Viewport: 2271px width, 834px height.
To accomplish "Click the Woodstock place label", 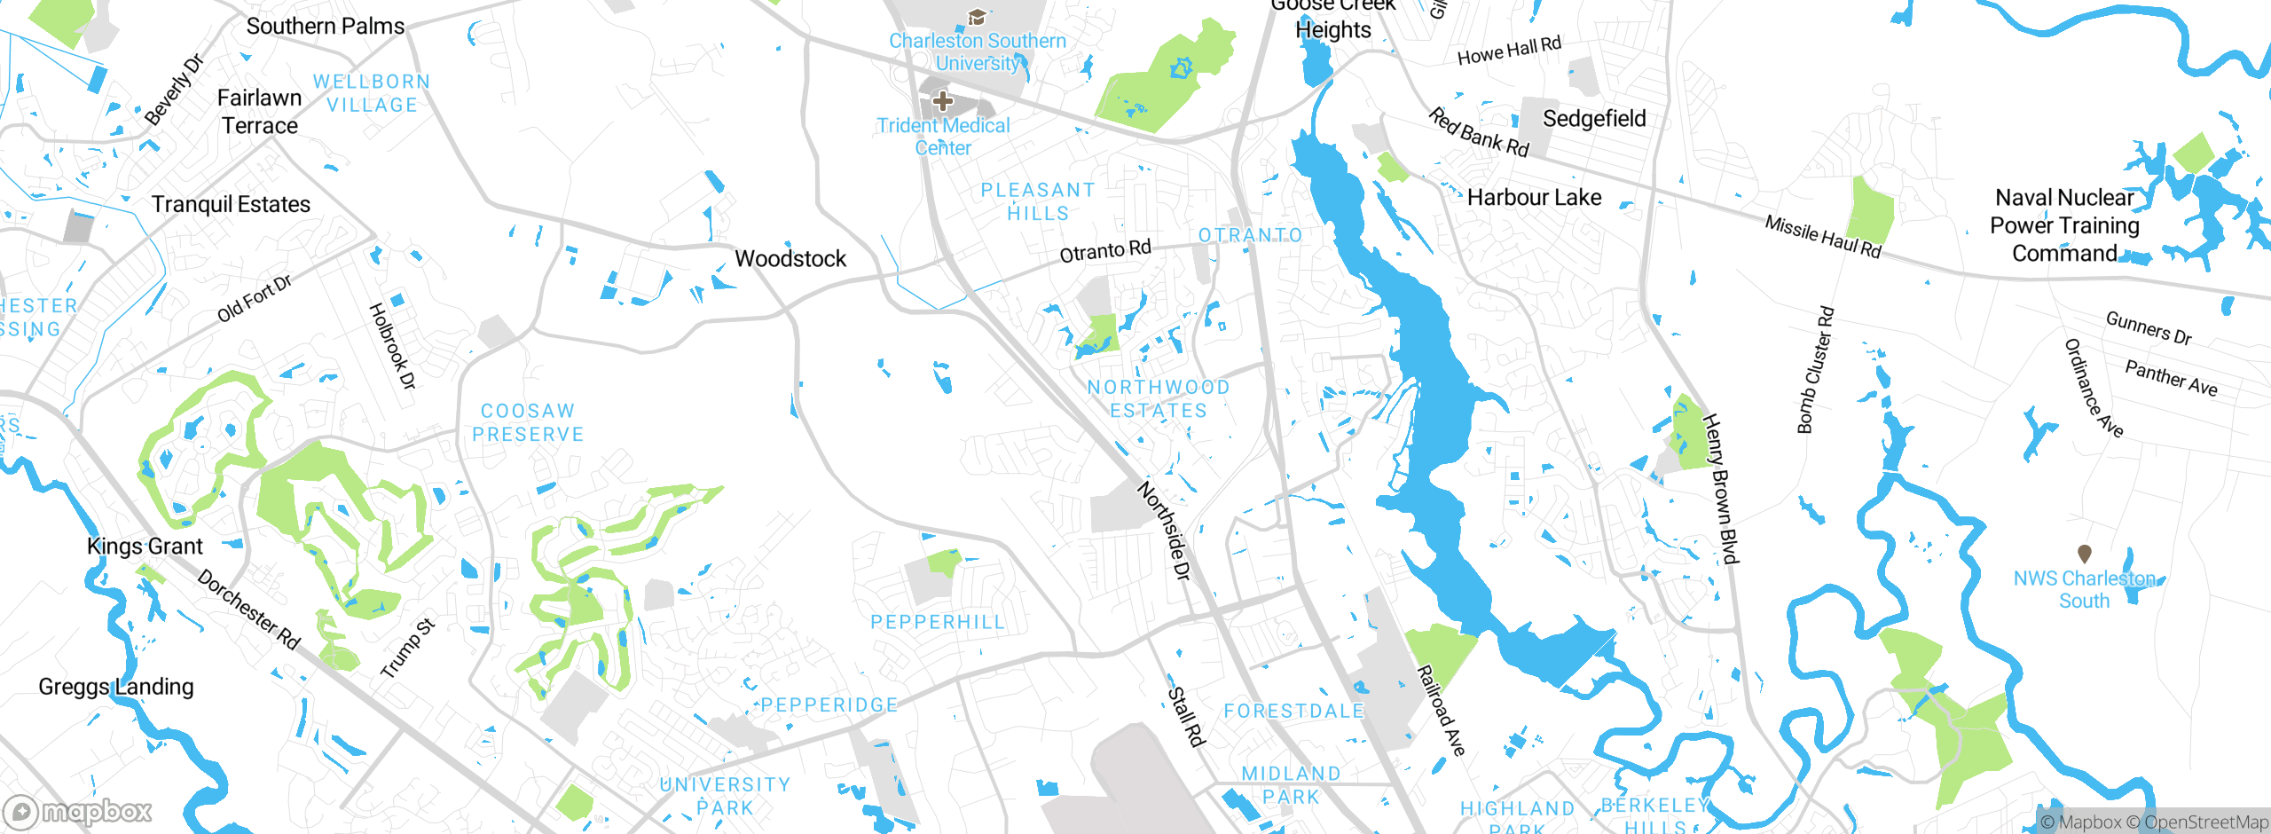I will [790, 259].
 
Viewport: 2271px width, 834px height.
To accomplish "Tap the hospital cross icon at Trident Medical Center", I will [943, 101].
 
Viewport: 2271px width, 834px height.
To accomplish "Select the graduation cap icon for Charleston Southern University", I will [977, 17].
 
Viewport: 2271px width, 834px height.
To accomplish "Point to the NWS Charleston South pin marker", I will [2085, 554].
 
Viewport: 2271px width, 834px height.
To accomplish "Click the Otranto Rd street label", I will [1105, 251].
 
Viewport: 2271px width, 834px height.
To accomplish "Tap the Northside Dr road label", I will [1163, 531].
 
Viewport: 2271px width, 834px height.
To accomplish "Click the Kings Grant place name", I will [145, 547].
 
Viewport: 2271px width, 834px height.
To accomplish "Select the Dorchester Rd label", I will [248, 610].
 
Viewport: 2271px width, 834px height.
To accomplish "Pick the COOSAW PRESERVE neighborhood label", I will [528, 423].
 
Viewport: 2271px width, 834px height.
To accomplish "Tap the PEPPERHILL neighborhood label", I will [938, 622].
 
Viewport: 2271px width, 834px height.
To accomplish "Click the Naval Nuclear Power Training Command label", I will [2064, 225].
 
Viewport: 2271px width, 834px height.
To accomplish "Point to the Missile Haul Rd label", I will [1822, 237].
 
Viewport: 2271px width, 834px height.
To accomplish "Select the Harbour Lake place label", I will [1534, 198].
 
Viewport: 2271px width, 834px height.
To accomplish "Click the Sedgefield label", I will [1594, 119].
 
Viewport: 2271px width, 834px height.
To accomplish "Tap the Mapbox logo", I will [78, 811].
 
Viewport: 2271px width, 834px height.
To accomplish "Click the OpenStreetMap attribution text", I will [2205, 822].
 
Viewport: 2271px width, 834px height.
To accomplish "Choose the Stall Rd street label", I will [1186, 716].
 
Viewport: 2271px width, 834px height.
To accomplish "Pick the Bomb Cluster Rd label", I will [1815, 370].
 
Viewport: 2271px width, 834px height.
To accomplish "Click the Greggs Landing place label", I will [116, 687].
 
